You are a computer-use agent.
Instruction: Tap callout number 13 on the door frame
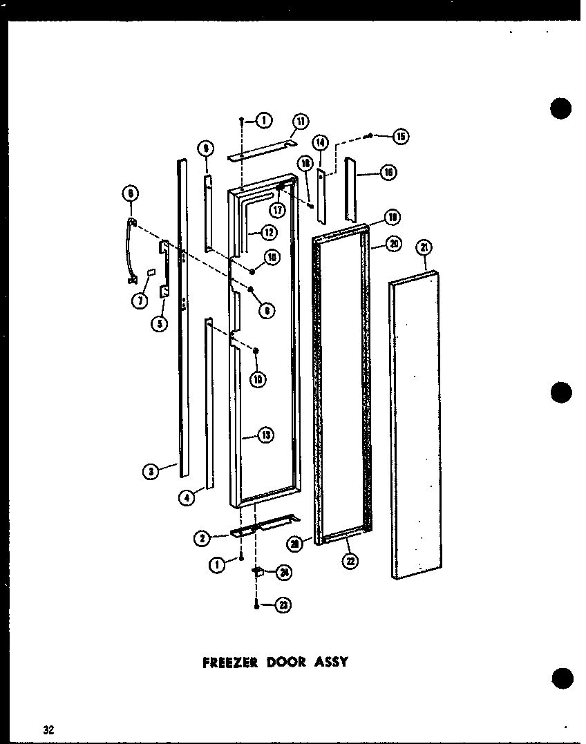(x=265, y=435)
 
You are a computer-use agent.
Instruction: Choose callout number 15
(x=401, y=136)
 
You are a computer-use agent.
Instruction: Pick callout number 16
(x=388, y=173)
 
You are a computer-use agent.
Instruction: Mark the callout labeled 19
(x=392, y=219)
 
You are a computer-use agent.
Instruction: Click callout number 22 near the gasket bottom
(x=350, y=561)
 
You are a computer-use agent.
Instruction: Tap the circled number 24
(x=283, y=572)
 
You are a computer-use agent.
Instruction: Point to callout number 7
(x=141, y=300)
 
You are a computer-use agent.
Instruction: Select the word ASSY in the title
(x=334, y=661)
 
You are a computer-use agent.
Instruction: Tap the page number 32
(x=48, y=729)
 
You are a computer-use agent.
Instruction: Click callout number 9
(x=205, y=147)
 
